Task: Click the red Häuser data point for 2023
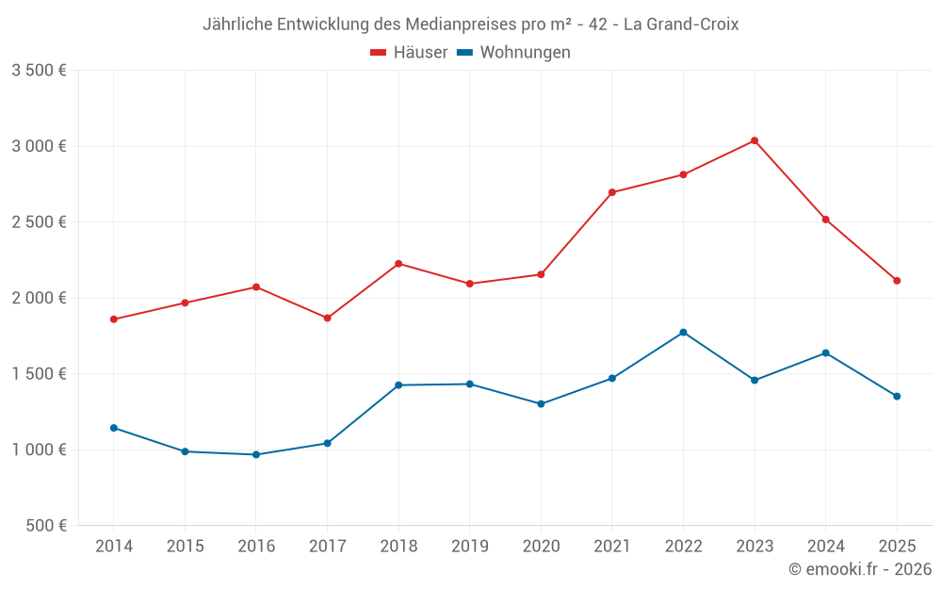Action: click(x=755, y=140)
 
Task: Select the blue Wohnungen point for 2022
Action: click(x=683, y=332)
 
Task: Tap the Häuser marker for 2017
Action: click(x=327, y=318)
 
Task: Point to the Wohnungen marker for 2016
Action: click(x=256, y=454)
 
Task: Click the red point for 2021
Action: click(x=612, y=192)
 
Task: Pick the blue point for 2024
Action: click(x=826, y=352)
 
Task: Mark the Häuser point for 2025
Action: click(x=897, y=280)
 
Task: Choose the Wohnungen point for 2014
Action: click(x=114, y=428)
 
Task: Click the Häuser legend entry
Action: click(x=409, y=53)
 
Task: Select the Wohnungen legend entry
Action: click(x=514, y=53)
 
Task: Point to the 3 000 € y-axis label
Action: click(x=39, y=146)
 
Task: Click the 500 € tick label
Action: click(x=45, y=526)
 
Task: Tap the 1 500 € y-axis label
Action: click(x=39, y=373)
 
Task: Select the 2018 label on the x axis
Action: click(x=398, y=546)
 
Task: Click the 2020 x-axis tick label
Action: click(x=541, y=546)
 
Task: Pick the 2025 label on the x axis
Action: click(x=897, y=546)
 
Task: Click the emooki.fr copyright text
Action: click(x=860, y=569)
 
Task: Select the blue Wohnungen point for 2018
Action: click(x=398, y=384)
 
